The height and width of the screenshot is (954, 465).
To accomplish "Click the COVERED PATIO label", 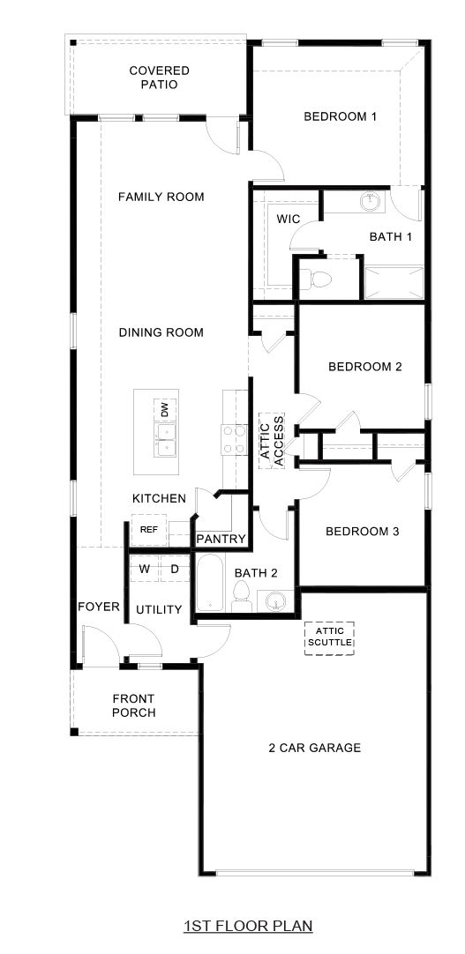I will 159,78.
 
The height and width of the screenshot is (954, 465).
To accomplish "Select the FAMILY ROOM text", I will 161,197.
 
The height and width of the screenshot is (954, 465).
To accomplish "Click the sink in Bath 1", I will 371,204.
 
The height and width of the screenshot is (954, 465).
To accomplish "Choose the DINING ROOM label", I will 161,332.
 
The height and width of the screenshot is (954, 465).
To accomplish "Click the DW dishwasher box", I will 164,409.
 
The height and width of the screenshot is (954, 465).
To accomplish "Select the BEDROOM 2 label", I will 364,367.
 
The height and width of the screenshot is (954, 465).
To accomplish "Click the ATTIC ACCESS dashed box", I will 272,440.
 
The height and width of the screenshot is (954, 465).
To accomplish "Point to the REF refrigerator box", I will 149,530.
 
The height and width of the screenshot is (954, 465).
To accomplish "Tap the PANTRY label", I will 221,539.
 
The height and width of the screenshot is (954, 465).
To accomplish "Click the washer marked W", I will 144,570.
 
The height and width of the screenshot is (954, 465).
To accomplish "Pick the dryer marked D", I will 175,570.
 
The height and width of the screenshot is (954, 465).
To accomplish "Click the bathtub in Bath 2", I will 210,583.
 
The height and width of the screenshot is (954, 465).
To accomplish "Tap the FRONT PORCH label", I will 134,705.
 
